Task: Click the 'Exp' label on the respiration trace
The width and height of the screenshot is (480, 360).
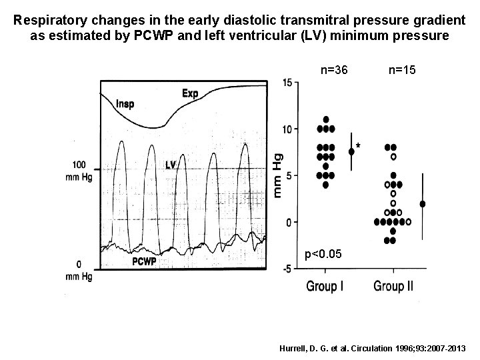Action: click(x=189, y=93)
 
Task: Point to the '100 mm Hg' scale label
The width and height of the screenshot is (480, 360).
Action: click(x=80, y=170)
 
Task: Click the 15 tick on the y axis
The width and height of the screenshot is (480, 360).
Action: click(x=286, y=83)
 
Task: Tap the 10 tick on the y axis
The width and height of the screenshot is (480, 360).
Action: click(x=286, y=129)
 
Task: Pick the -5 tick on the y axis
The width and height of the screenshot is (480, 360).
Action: click(x=286, y=269)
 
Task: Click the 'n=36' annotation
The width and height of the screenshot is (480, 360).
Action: click(x=334, y=69)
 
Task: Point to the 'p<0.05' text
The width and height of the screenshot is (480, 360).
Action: click(x=323, y=254)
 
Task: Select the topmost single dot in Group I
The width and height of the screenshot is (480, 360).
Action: click(x=325, y=120)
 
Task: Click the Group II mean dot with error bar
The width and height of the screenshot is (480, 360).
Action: click(x=423, y=204)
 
